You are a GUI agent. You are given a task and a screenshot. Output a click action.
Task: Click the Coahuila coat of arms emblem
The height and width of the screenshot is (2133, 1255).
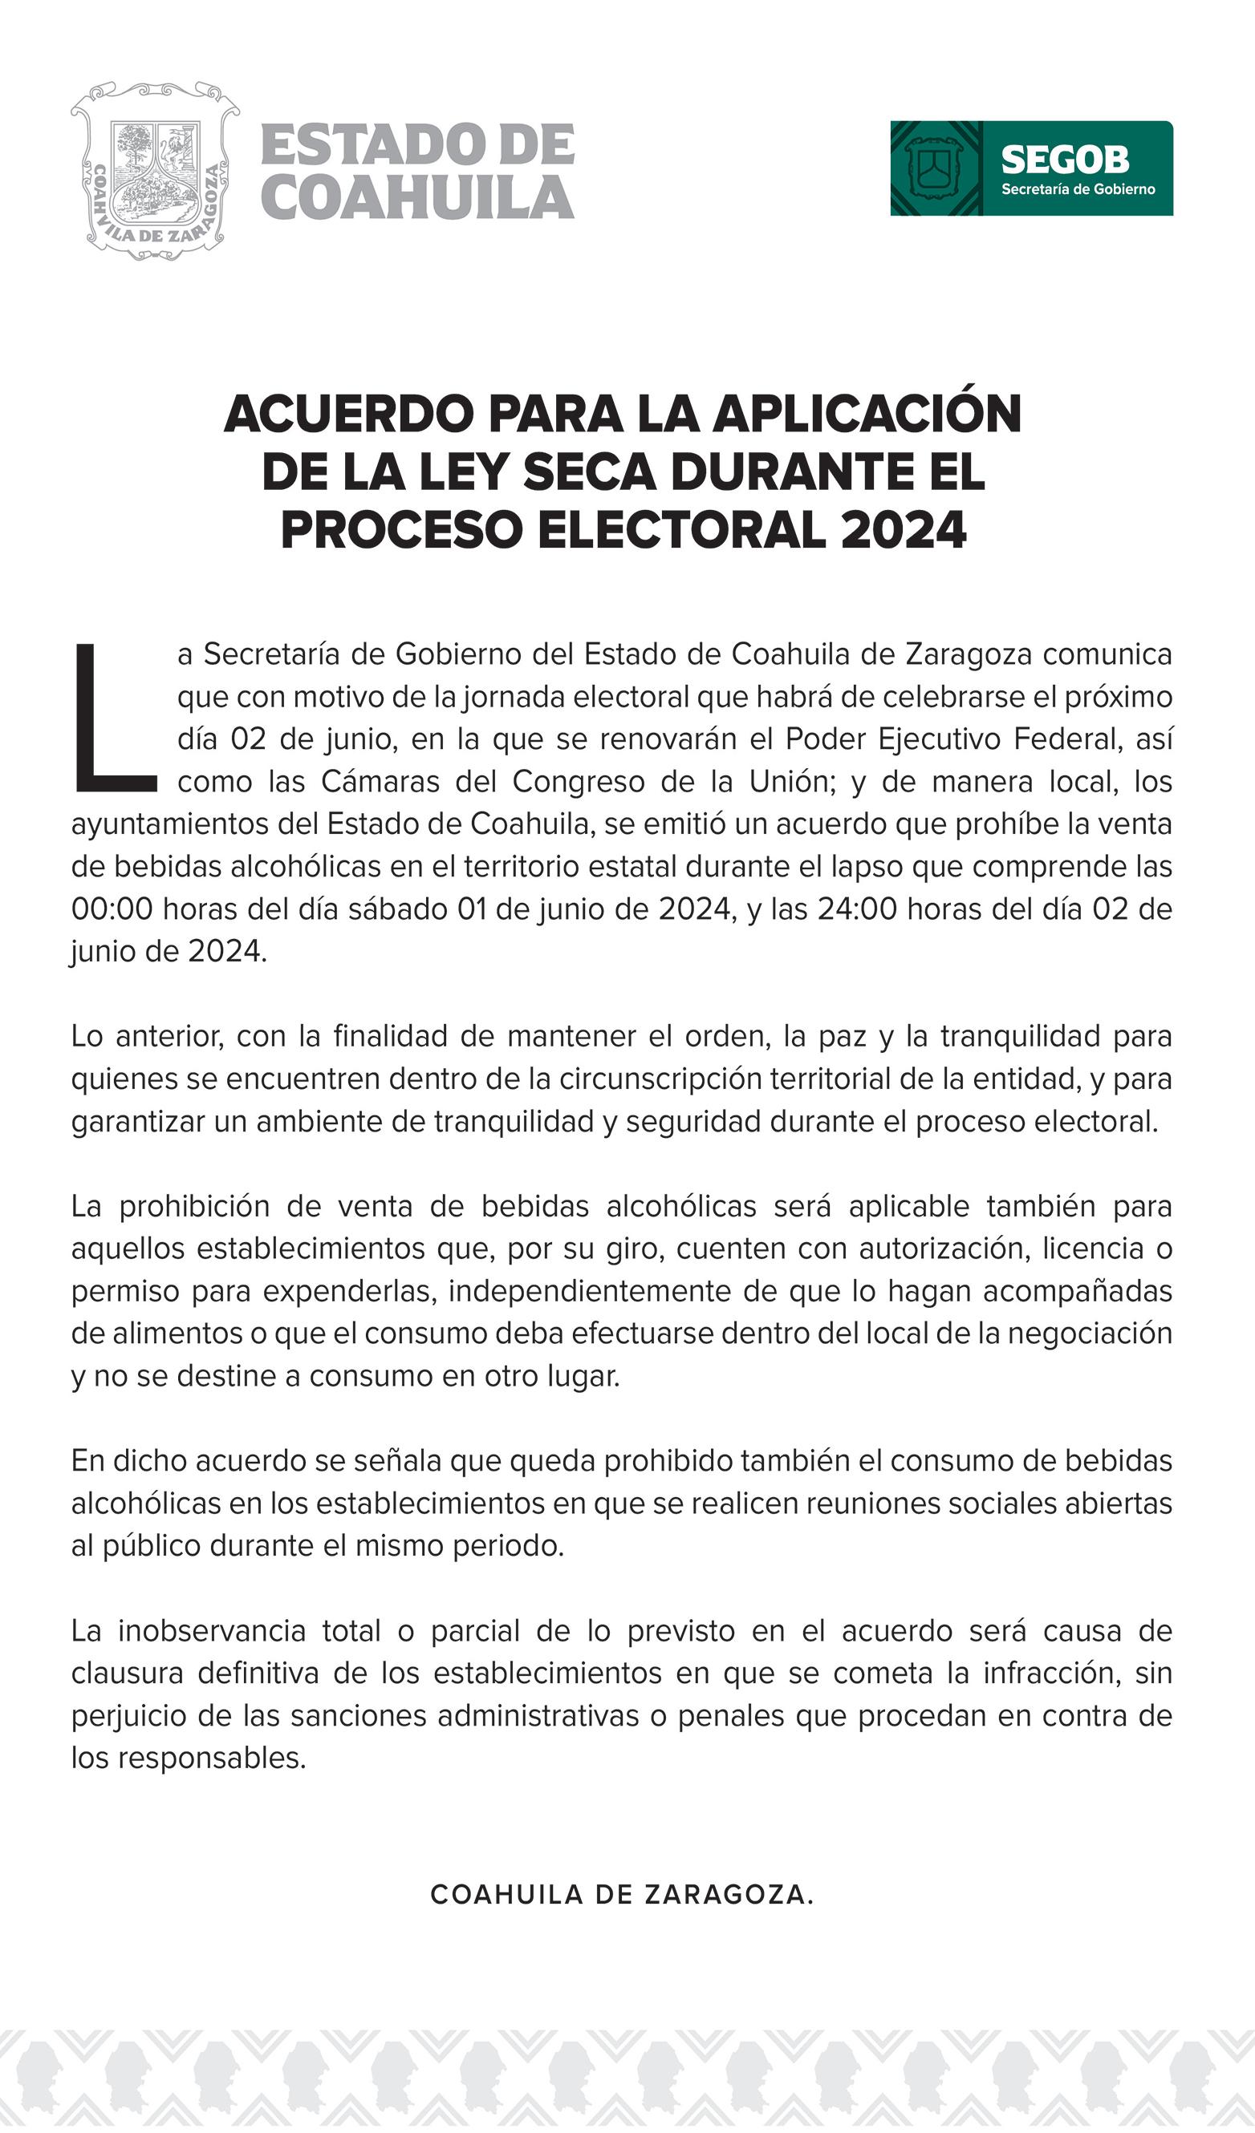click(155, 169)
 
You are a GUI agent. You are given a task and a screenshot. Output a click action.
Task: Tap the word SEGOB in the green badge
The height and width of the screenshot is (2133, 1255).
click(1065, 159)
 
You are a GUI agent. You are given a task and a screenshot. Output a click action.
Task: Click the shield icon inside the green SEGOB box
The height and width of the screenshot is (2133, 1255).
click(935, 168)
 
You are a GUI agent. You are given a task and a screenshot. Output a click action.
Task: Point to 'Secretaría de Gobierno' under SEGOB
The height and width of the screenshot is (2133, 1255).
click(1078, 189)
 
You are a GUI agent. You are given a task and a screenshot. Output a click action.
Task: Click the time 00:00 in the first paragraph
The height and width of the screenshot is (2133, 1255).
click(112, 909)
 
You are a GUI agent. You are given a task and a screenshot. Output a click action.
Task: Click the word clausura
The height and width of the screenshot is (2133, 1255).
click(127, 1673)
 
